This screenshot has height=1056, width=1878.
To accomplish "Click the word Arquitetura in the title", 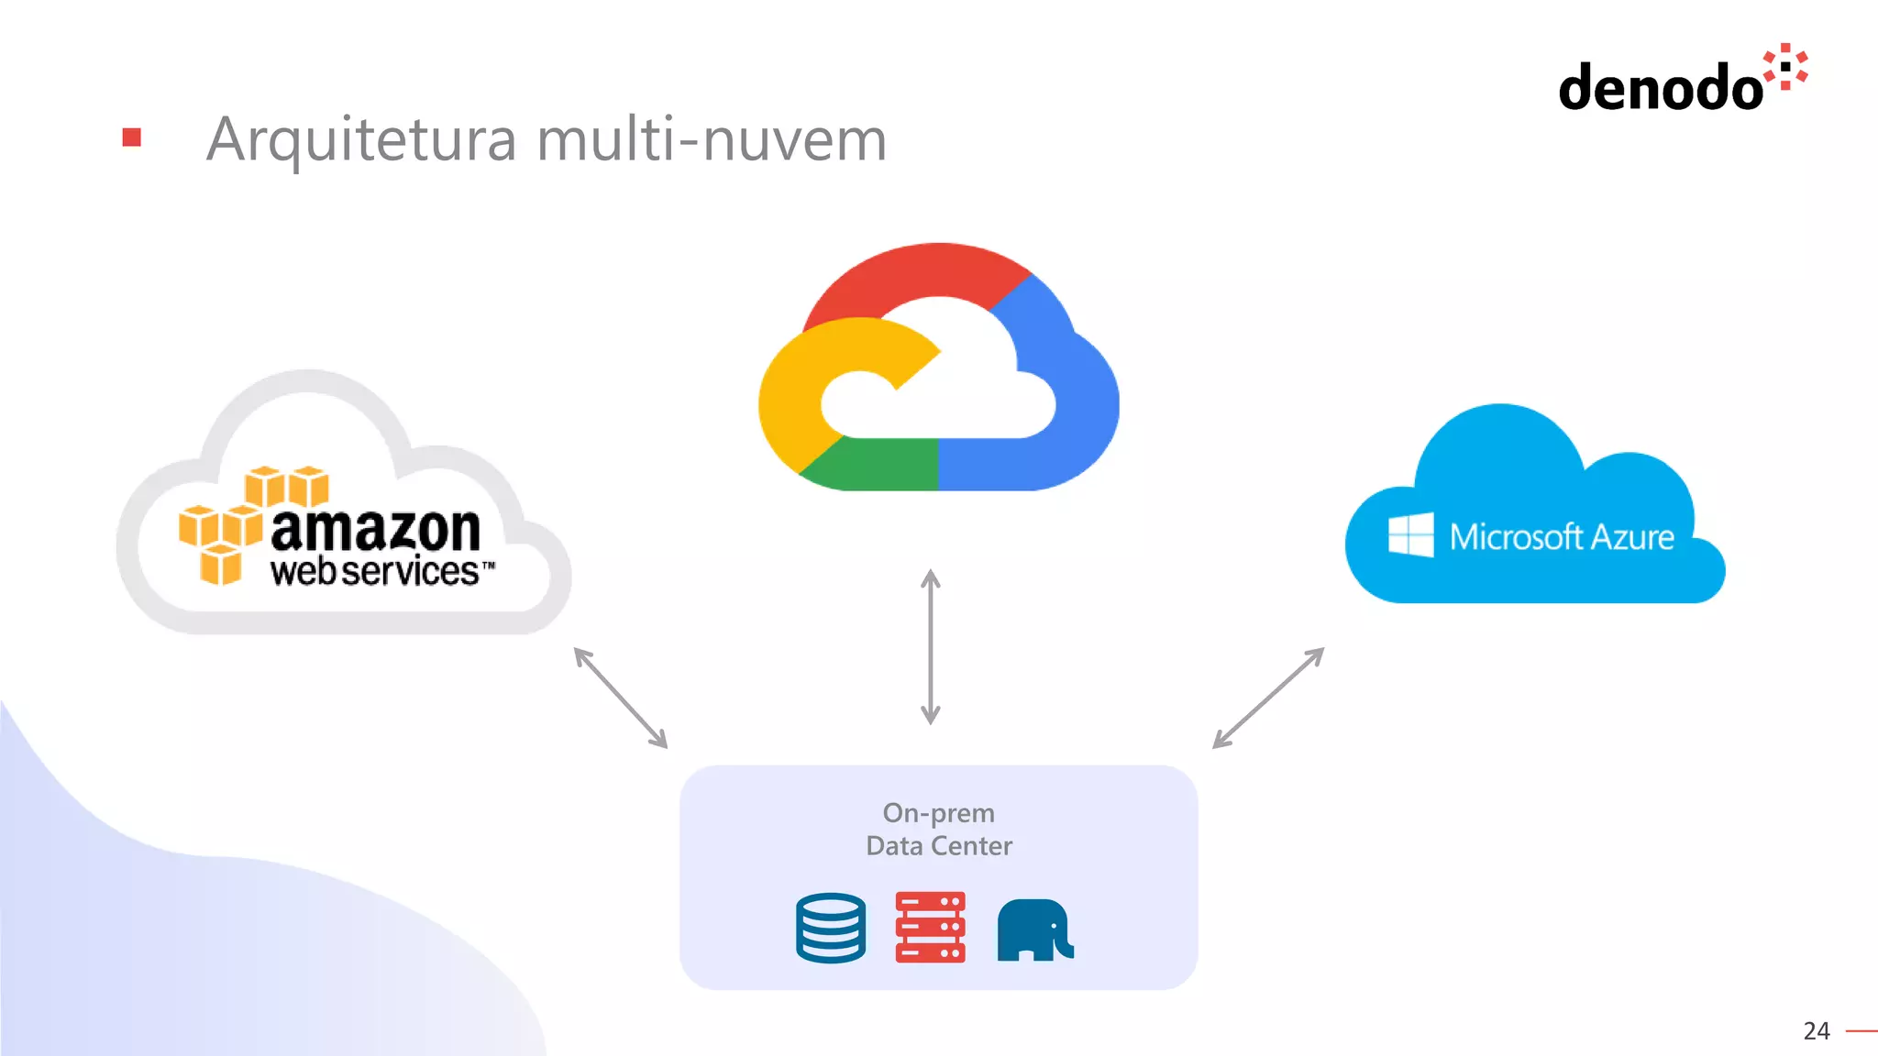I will point(361,140).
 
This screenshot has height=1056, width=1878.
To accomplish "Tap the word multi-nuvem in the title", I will point(712,140).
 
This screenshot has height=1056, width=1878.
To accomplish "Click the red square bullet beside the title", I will point(132,137).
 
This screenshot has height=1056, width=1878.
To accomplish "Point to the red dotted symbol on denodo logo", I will point(1785,67).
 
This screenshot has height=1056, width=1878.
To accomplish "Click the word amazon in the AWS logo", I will point(375,529).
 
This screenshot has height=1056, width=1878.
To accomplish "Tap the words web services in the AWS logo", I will point(376,571).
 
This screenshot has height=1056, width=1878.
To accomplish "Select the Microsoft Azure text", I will point(1561,536).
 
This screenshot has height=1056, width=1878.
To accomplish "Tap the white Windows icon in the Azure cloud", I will point(1410,534).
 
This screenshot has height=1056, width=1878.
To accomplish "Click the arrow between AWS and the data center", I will point(621,698).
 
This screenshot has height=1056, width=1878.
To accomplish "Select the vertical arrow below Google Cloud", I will point(930,646).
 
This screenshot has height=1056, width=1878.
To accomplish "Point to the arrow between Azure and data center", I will point(1268,698).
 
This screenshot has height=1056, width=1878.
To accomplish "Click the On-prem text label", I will point(938,813).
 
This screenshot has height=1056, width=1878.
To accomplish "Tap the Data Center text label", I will point(939,845).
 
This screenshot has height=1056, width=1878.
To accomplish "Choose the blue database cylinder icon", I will point(831,928).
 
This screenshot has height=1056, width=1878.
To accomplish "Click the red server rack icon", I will point(930,927).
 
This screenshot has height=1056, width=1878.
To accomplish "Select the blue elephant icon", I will point(1034,929).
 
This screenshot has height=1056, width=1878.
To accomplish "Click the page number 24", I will point(1816,1031).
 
